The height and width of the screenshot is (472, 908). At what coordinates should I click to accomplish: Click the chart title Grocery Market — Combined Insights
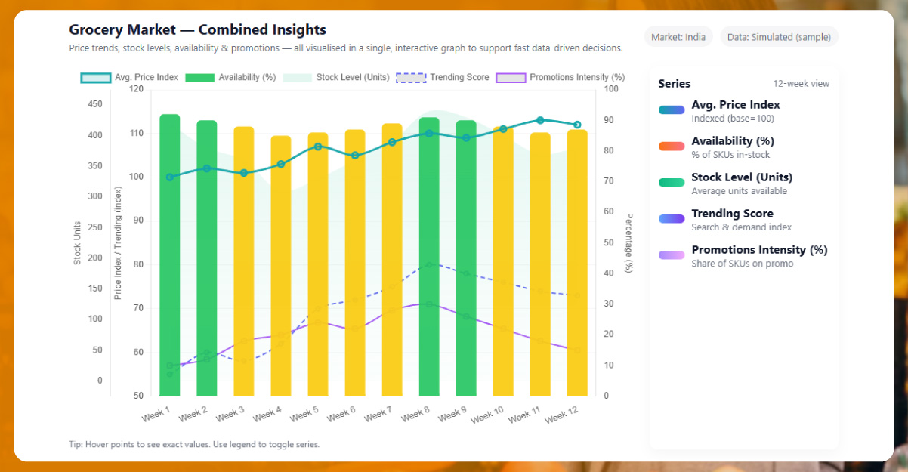tap(197, 30)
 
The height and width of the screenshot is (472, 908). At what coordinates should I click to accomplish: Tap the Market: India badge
tap(678, 37)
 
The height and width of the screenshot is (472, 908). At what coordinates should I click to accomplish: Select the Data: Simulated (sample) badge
tap(778, 37)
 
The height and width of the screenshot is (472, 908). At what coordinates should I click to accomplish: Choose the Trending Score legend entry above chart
tap(443, 77)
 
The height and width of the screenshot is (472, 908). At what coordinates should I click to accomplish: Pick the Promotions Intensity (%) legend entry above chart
tap(561, 77)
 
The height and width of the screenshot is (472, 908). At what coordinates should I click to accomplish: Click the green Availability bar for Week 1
tap(170, 257)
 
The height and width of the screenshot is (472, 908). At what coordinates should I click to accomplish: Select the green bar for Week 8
tap(429, 257)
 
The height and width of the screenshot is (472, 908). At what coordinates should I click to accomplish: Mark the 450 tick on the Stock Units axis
tap(95, 104)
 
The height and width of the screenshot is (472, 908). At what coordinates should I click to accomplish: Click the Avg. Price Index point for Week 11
tap(540, 120)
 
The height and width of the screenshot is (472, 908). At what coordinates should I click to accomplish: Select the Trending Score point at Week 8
tap(429, 265)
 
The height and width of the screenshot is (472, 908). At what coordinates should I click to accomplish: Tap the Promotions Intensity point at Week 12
tap(577, 350)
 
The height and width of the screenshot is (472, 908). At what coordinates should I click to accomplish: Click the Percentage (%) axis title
tap(629, 242)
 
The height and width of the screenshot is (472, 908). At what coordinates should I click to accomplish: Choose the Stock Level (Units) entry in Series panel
tap(742, 177)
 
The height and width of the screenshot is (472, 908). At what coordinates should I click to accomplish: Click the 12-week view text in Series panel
tap(801, 84)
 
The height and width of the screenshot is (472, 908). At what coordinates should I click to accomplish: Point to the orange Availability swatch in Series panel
tap(671, 146)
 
